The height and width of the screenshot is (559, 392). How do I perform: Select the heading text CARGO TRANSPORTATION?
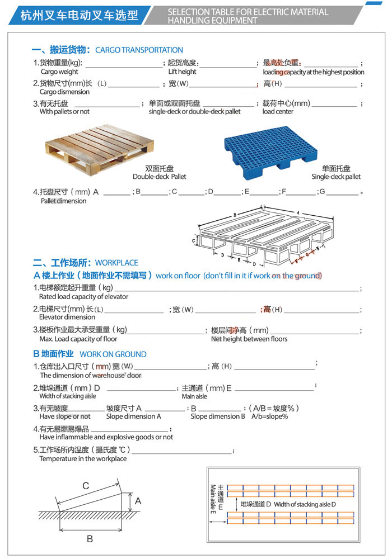pyautogui.click(x=139, y=50)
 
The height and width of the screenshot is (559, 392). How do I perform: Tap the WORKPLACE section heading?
pyautogui.click(x=116, y=262)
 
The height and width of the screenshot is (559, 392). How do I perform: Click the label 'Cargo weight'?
pyautogui.click(x=59, y=72)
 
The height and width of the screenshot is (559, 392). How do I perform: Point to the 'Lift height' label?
pyautogui.click(x=182, y=72)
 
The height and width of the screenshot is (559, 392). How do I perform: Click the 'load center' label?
pyautogui.click(x=278, y=111)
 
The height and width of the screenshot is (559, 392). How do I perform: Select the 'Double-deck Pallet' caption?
pyautogui.click(x=159, y=177)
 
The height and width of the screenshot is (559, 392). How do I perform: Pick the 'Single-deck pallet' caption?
pyautogui.click(x=336, y=177)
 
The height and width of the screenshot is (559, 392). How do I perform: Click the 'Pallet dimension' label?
pyautogui.click(x=63, y=201)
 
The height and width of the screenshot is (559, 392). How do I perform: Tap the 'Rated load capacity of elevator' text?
pyautogui.click(x=83, y=296)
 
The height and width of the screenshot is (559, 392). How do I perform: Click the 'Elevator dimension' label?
pyautogui.click(x=67, y=317)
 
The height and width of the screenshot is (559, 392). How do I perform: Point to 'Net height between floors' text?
pyautogui.click(x=249, y=339)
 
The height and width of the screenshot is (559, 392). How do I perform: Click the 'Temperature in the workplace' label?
pyautogui.click(x=83, y=458)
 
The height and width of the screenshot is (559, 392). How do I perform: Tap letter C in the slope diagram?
pyautogui.click(x=86, y=486)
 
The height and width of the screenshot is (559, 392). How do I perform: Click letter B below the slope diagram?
pyautogui.click(x=89, y=539)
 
